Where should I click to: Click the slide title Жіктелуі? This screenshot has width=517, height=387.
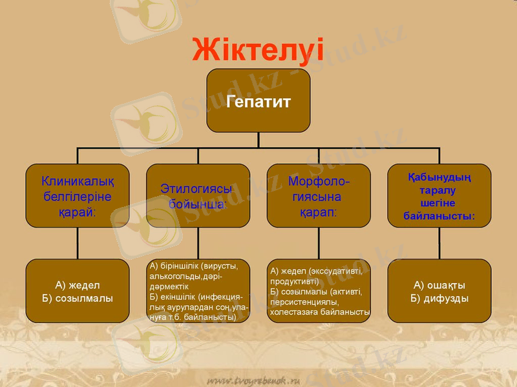258,49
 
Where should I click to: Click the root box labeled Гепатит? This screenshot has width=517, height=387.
258,101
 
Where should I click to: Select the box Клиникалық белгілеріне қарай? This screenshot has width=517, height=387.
77,195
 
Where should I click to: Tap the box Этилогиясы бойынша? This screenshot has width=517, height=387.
198,195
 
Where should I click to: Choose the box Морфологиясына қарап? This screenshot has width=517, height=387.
319,195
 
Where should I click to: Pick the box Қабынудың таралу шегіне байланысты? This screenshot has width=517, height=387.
439,195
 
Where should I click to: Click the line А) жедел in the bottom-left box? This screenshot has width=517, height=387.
77,284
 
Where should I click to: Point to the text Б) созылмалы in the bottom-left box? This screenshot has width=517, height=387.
77,298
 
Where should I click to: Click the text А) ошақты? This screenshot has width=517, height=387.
439,284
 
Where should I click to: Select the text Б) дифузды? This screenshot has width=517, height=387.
439,298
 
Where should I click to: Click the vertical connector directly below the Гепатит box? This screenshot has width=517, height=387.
258,140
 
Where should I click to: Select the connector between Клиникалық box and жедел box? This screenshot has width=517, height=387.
77,243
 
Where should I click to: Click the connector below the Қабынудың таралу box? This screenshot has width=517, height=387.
439,243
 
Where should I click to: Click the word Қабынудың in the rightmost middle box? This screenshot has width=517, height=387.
439,177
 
